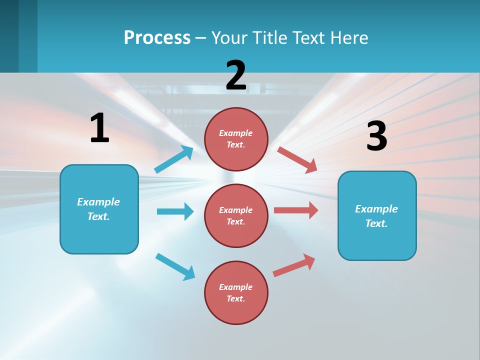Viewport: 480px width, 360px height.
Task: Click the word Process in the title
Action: coord(157,37)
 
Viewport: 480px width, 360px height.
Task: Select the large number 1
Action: coord(99,128)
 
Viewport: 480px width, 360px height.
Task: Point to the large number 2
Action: coord(236,75)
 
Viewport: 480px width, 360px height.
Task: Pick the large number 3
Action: coord(376,136)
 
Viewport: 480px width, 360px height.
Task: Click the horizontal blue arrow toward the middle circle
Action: coord(175,211)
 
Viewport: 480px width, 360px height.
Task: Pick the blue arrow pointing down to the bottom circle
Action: coord(175,266)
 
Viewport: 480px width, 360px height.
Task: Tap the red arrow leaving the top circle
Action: coord(297,159)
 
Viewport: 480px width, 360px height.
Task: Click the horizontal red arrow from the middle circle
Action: coord(296,210)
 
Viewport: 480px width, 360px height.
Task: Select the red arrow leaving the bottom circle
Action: coord(294,265)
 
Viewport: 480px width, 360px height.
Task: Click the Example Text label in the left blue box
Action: coord(98,209)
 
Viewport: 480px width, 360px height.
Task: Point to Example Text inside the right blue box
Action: coord(376,216)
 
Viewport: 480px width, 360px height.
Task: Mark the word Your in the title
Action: coord(229,37)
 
